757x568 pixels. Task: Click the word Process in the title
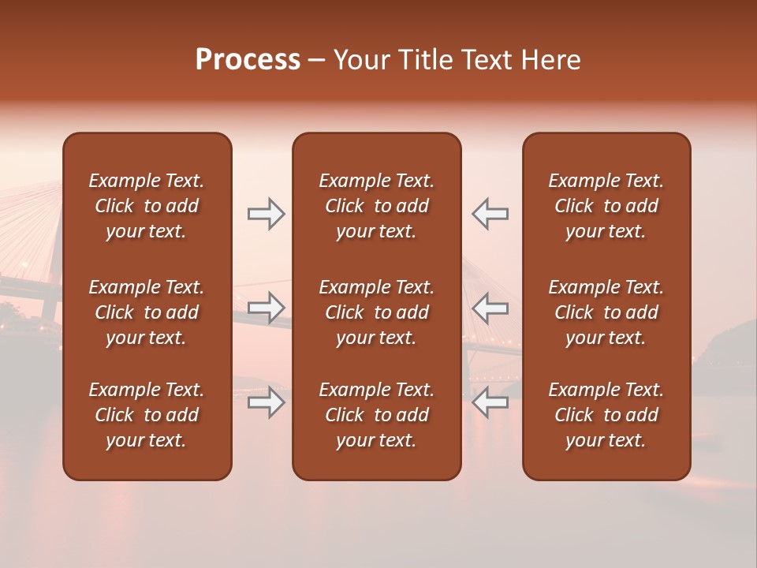248,60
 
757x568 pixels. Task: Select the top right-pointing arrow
266,214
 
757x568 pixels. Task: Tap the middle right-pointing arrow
266,308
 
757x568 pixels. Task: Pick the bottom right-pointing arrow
266,403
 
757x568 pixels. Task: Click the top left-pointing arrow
490,214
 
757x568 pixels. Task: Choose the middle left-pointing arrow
490,308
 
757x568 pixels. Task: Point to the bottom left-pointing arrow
490,403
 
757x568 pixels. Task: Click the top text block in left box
147,206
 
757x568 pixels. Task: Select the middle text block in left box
147,312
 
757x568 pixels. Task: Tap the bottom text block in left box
147,415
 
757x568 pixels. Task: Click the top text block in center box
376,206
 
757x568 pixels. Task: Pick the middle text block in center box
376,312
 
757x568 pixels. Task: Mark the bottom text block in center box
376,415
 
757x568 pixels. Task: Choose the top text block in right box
606,206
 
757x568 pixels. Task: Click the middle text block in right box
606,312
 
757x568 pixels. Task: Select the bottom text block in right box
606,415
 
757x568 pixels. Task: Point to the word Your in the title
360,60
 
